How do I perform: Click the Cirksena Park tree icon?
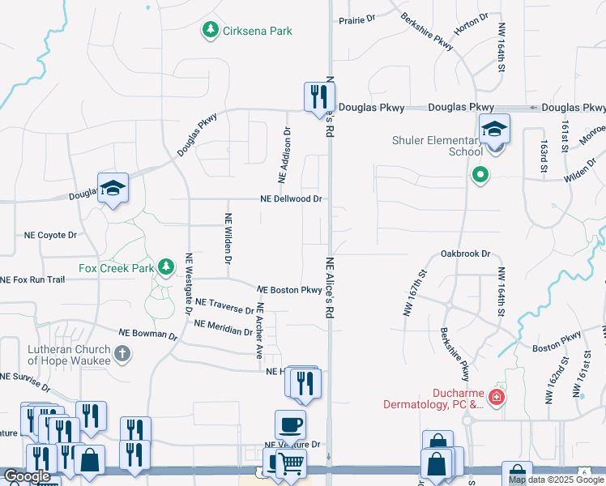tap(211, 30)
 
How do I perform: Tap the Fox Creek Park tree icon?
tap(166, 266)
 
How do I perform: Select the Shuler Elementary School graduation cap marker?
tap(493, 130)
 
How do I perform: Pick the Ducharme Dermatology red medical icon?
tap(497, 397)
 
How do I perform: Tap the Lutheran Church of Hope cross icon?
tap(122, 353)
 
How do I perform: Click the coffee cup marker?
tap(290, 424)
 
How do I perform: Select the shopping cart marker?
tap(292, 463)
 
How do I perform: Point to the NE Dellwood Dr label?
tap(291, 198)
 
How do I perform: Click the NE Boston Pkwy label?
tap(289, 289)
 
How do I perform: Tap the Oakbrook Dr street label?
tap(466, 254)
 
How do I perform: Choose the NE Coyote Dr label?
tap(50, 235)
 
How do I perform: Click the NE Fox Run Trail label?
tap(32, 279)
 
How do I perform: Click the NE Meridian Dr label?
tap(223, 327)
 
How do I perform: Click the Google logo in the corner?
tap(28, 476)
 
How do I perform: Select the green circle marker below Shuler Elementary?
tap(480, 174)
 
